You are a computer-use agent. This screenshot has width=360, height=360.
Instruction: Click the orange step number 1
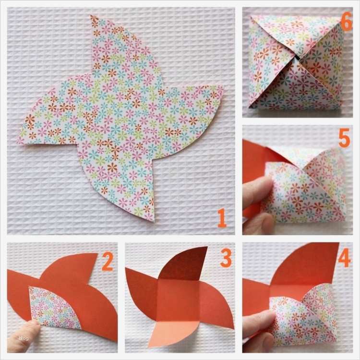tap(222, 217)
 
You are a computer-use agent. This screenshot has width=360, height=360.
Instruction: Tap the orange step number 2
tap(108, 262)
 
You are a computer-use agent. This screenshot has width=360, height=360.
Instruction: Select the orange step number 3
tap(226, 258)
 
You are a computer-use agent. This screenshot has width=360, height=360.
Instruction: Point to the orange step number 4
tap(344, 258)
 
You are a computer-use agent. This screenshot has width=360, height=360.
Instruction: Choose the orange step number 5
tap(344, 138)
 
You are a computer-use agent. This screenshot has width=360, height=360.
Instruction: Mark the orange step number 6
tap(347, 21)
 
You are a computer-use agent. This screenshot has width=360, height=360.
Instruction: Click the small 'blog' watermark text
tap(24, 338)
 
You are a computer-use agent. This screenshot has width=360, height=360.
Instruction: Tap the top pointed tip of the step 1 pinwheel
tap(91, 15)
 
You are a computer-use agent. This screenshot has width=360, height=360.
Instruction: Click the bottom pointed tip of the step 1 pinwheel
tap(153, 221)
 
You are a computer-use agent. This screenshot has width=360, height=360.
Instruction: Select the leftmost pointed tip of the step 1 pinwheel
tap(17, 143)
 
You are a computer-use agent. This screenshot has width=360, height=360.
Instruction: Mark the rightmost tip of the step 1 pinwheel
tap(223, 86)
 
